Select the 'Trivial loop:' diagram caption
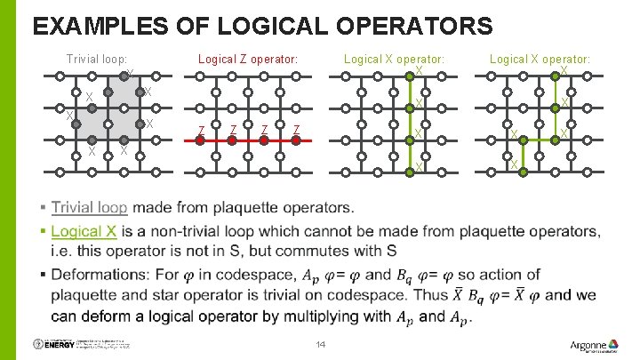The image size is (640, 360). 97,60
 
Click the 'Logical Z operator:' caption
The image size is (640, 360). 247,60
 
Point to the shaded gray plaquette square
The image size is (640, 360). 108,116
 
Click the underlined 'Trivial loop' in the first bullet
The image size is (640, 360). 90,208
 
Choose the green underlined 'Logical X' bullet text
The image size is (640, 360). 84,232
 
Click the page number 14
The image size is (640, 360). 321,344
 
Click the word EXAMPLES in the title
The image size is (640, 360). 84,25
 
